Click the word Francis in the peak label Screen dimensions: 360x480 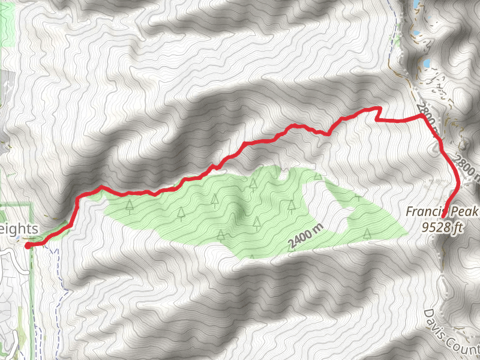(424, 212)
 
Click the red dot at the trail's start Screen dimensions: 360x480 (28, 244)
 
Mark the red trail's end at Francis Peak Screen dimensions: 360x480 (444, 212)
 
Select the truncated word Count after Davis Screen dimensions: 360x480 (465, 346)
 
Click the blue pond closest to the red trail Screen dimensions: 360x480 (425, 63)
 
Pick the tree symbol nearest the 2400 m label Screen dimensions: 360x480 (257, 223)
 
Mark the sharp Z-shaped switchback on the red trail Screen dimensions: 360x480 (378, 114)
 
